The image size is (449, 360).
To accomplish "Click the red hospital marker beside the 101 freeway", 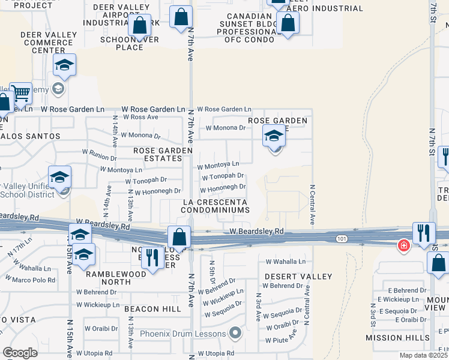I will coord(404,245).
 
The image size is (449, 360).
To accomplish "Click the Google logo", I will coord(20,353).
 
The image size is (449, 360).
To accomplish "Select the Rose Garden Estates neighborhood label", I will coord(162,154).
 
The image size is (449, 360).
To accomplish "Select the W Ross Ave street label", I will coord(140,118).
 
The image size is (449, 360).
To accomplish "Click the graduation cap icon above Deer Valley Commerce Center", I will coord(64,65).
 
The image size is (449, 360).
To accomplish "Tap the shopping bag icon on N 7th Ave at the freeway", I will coord(179,236).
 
